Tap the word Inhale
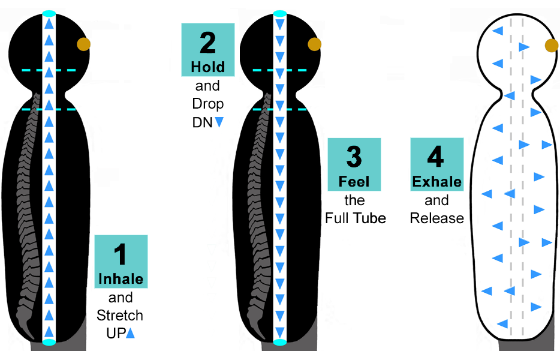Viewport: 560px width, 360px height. pos(121,279)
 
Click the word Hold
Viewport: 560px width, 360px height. pos(207,67)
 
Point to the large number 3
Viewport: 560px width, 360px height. pos(354,157)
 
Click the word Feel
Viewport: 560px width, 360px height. pos(354,181)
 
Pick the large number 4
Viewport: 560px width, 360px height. pos(436,157)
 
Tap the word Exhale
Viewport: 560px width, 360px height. pos(436,181)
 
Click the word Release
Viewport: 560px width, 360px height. pos(436,218)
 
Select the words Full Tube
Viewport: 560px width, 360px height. pos(356,218)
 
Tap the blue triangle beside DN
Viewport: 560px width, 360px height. pos(219,122)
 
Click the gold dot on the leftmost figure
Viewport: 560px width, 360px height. pos(83,44)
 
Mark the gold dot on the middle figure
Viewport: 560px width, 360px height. pos(315,44)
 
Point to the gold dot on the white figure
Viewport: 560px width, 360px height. pos(552,46)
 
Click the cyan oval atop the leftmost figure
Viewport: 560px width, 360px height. pos(49,13)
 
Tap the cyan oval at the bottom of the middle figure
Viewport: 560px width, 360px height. pos(279,342)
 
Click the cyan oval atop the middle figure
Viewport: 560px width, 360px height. pos(279,13)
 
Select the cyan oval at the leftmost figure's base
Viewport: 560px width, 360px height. pos(49,342)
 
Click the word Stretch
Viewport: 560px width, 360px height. pos(120,316)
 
